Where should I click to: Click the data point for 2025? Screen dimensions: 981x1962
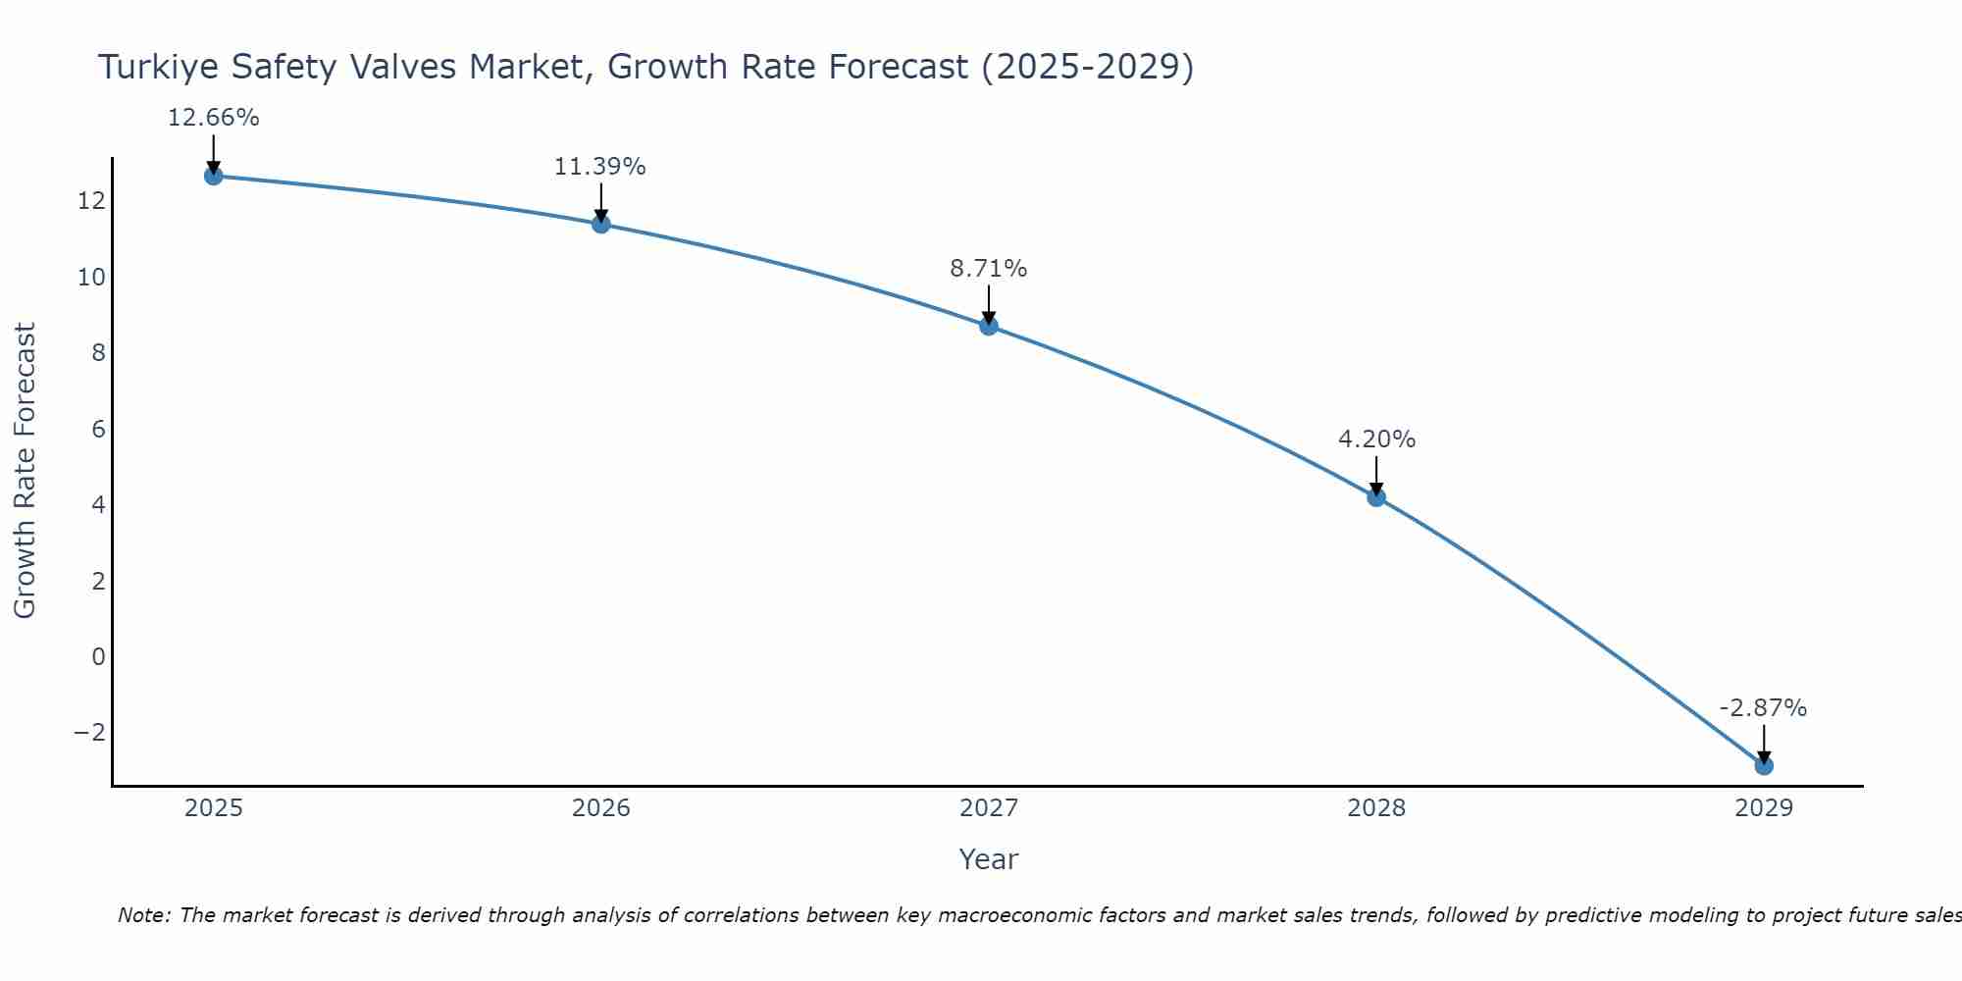coord(214,176)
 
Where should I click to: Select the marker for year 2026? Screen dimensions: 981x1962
coord(601,224)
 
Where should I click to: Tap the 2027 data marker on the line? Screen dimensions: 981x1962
coord(989,326)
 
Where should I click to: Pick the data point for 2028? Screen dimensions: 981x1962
coord(1376,497)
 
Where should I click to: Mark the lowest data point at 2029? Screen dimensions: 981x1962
coord(1764,765)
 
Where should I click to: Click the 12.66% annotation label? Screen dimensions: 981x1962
coord(214,118)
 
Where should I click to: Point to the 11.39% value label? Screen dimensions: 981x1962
coord(600,167)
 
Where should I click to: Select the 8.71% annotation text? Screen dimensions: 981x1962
coord(989,268)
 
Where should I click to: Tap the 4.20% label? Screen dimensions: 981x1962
coord(1376,439)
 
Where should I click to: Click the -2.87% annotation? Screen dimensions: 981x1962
coord(1763,708)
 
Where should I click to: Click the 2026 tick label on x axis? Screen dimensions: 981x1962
coord(601,808)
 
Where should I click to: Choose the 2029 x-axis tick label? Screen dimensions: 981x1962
coord(1764,808)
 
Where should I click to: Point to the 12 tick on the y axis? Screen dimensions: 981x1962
coord(91,201)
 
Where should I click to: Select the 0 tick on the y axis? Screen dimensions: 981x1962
coord(98,656)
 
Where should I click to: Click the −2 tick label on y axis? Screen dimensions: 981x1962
coord(89,733)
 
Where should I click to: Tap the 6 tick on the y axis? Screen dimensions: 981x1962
coord(98,429)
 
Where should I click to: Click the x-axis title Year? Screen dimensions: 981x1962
coord(989,859)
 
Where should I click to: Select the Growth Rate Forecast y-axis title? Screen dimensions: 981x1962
coord(25,471)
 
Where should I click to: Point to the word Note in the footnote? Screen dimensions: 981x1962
coord(143,915)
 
